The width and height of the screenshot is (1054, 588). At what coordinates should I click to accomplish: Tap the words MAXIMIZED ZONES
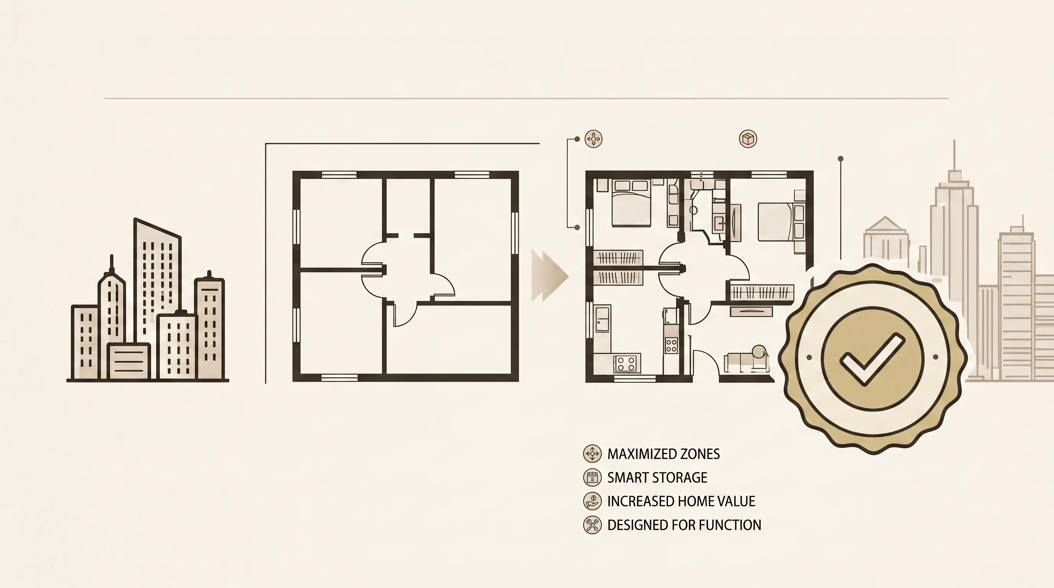(663, 454)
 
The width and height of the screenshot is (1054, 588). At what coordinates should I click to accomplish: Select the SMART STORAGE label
(657, 478)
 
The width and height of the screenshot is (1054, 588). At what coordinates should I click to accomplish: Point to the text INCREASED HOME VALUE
(681, 501)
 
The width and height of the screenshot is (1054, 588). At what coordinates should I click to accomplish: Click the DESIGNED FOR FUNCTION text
(684, 525)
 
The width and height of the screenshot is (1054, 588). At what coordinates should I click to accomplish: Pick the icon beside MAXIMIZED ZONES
(592, 454)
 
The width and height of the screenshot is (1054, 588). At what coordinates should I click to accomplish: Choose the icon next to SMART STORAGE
(592, 478)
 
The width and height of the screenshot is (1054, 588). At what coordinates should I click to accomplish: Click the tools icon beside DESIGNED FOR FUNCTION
(592, 525)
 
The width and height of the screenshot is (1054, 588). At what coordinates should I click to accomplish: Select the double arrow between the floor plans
(550, 276)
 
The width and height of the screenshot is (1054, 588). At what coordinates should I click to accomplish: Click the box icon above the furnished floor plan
(748, 139)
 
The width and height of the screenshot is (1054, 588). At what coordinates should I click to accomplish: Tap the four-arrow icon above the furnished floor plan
(593, 139)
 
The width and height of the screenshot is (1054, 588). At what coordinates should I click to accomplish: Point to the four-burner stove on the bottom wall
(627, 364)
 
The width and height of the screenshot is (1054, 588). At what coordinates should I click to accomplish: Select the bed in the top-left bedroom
(631, 203)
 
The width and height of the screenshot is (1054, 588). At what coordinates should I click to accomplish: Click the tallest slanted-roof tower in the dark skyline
(157, 282)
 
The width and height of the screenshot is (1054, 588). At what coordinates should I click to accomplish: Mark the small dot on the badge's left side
(809, 358)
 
